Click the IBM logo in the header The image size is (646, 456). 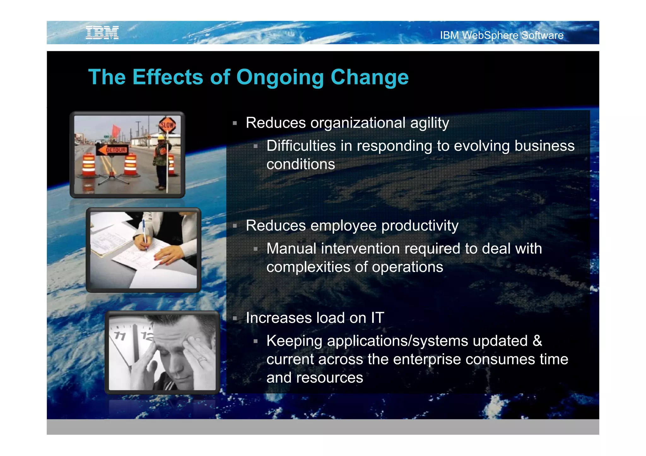click(102, 33)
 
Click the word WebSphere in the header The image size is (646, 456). click(490, 35)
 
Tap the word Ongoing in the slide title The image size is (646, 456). click(280, 77)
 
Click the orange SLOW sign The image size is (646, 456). click(167, 125)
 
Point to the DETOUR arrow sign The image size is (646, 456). click(112, 150)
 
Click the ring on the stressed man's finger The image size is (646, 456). click(202, 359)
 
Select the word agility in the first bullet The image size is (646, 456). click(430, 123)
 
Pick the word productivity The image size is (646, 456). click(420, 226)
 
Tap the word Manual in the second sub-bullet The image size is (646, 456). click(291, 248)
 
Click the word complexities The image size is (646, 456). click(308, 267)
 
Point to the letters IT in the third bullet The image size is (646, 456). click(377, 318)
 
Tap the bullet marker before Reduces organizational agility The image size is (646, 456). click(235, 123)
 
